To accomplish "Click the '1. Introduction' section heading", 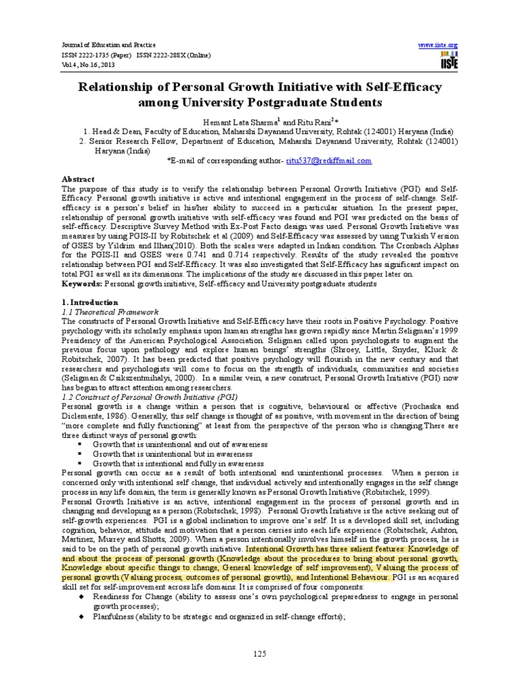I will click(89, 302).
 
